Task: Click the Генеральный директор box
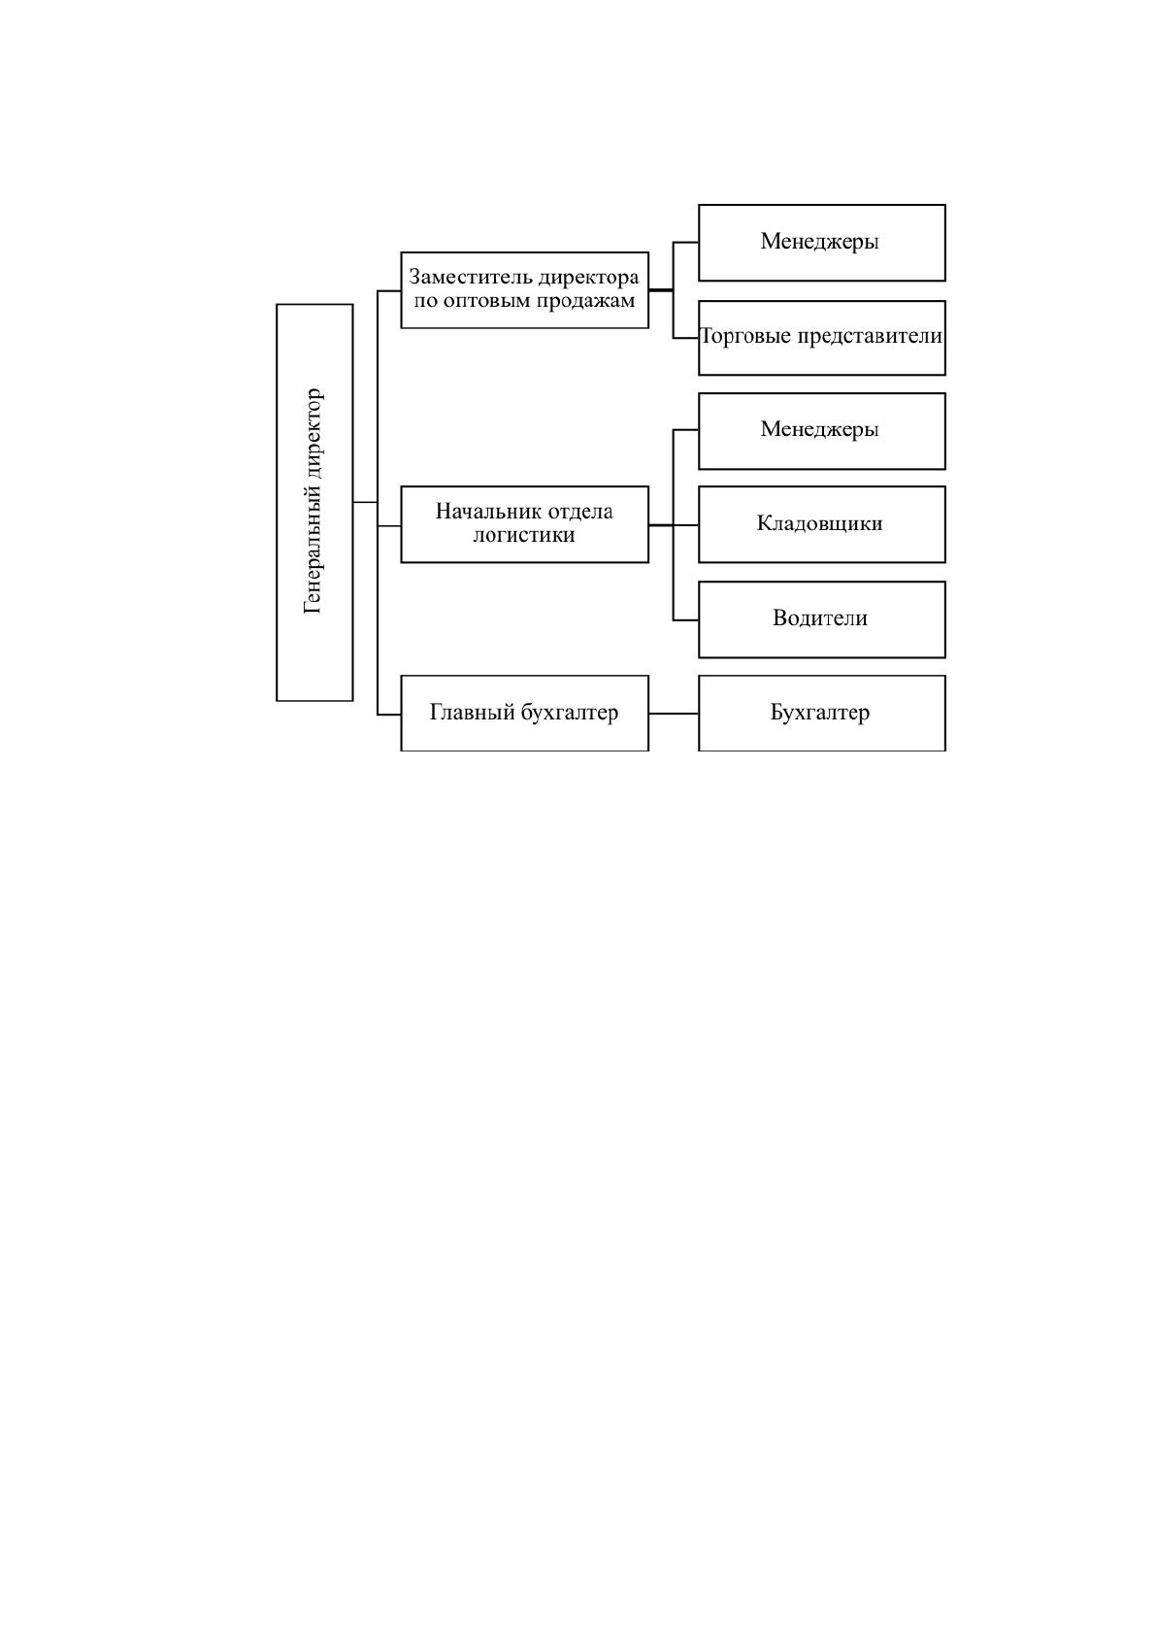pyautogui.click(x=314, y=502)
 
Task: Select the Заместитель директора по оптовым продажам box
pyautogui.click(x=525, y=289)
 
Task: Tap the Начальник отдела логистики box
pyautogui.click(x=525, y=524)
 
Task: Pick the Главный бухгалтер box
pyautogui.click(x=525, y=713)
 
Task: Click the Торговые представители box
pyautogui.click(x=822, y=337)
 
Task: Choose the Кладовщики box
pyautogui.click(x=822, y=524)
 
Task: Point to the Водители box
pyautogui.click(x=822, y=619)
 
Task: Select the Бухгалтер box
pyautogui.click(x=822, y=713)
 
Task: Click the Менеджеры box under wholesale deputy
pyautogui.click(x=822, y=243)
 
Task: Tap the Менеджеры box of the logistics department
pyautogui.click(x=822, y=431)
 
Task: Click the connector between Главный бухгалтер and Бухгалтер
pyautogui.click(x=674, y=713)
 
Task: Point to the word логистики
pyautogui.click(x=524, y=535)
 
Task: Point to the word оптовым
pyautogui.click(x=487, y=301)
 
